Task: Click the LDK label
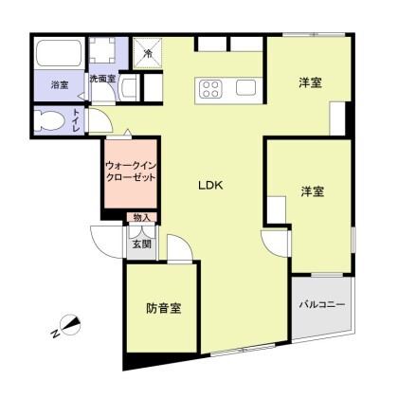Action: tap(210, 186)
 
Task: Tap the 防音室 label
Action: tap(164, 308)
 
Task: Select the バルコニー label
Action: tap(322, 305)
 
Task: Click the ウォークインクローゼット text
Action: tap(131, 171)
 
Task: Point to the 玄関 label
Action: tap(141, 244)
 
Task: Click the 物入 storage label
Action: tap(141, 217)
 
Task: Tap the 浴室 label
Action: tap(60, 84)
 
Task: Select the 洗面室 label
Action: tap(102, 79)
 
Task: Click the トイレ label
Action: tap(76, 120)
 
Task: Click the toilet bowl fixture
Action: tap(48, 120)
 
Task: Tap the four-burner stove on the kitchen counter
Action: tap(211, 89)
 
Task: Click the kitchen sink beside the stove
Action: tap(246, 87)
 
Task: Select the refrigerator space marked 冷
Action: tap(148, 53)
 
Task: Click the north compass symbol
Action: tap(71, 325)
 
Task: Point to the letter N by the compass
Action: tap(56, 334)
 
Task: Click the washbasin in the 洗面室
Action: tap(127, 88)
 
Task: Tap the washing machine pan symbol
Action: tap(101, 50)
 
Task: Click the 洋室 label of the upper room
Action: tap(310, 82)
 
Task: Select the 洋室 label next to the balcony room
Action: tap(313, 191)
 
